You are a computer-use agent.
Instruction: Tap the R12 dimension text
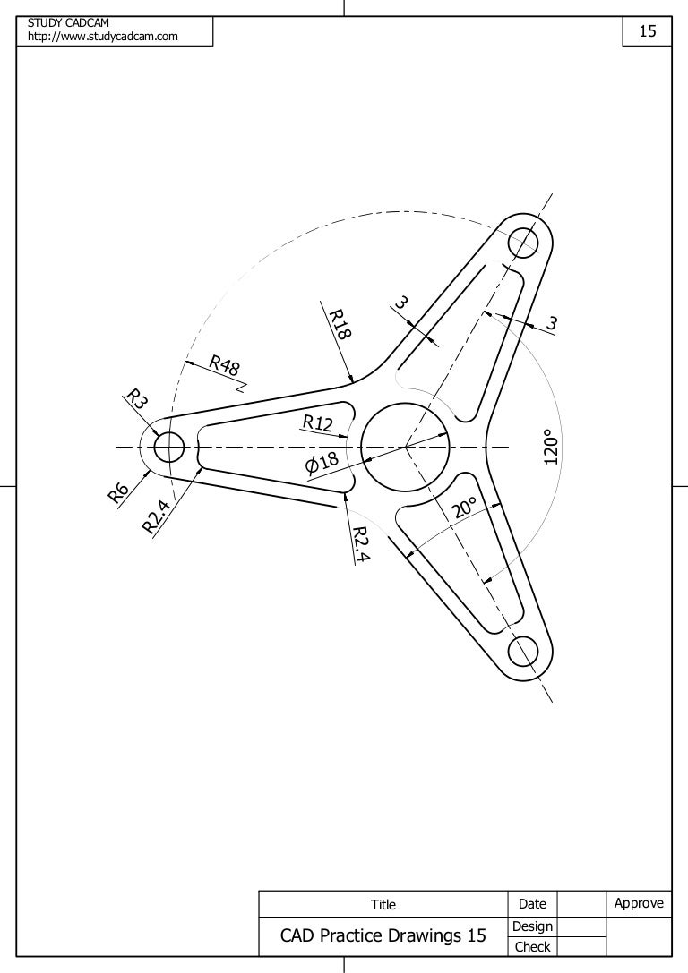tap(318, 422)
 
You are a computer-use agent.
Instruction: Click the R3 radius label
tap(136, 399)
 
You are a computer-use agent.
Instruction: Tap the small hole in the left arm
tap(168, 446)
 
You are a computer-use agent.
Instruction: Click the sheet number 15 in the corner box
tap(647, 32)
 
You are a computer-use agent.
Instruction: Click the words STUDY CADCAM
tap(68, 21)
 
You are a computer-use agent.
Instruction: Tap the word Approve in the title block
tap(638, 903)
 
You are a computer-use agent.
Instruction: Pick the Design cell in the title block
tap(532, 926)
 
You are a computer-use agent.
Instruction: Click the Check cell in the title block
tap(532, 946)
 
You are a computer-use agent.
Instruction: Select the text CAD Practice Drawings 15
tap(383, 936)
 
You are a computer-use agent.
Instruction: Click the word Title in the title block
tap(383, 905)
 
